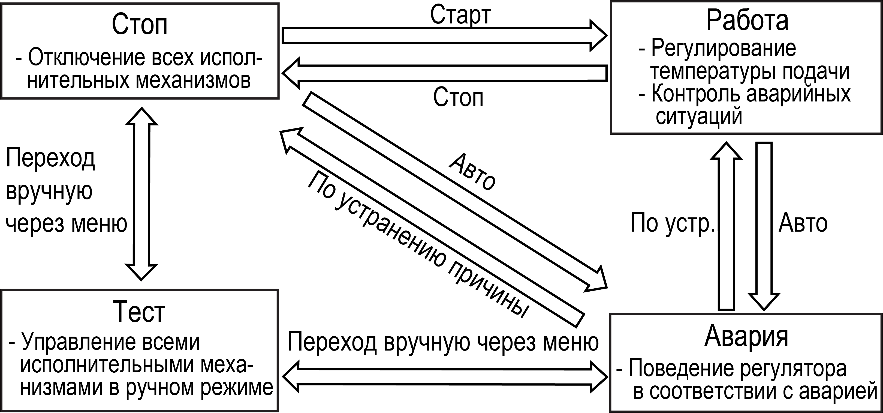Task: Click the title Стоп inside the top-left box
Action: click(140, 25)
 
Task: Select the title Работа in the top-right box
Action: click(747, 20)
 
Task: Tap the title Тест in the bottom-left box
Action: click(139, 312)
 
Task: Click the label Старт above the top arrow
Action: click(460, 15)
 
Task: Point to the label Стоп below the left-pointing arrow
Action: click(458, 97)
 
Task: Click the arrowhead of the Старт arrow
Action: click(598, 36)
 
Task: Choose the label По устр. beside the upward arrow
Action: click(673, 223)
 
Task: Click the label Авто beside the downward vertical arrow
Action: click(803, 223)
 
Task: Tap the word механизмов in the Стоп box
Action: click(193, 81)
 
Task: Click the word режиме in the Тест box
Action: click(237, 388)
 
